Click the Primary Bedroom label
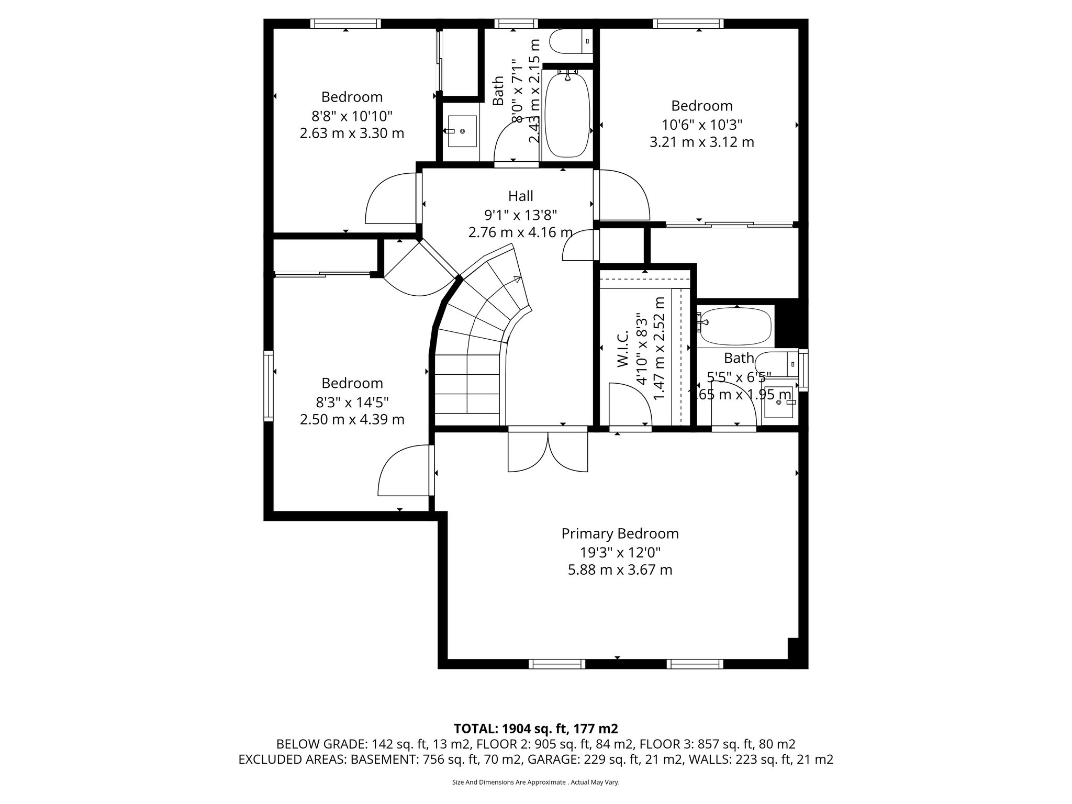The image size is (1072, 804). (x=620, y=534)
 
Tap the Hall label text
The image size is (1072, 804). (x=520, y=196)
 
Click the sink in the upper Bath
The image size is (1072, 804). (x=462, y=131)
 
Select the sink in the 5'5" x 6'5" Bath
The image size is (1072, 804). (x=779, y=402)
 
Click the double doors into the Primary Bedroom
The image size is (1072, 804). (x=548, y=451)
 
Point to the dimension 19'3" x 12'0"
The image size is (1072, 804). (x=620, y=552)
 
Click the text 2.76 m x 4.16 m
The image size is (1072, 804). (x=520, y=232)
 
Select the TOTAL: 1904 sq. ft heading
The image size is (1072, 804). (x=535, y=729)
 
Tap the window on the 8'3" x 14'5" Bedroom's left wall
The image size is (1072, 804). (x=269, y=386)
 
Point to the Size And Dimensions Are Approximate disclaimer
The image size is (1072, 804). (x=535, y=783)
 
